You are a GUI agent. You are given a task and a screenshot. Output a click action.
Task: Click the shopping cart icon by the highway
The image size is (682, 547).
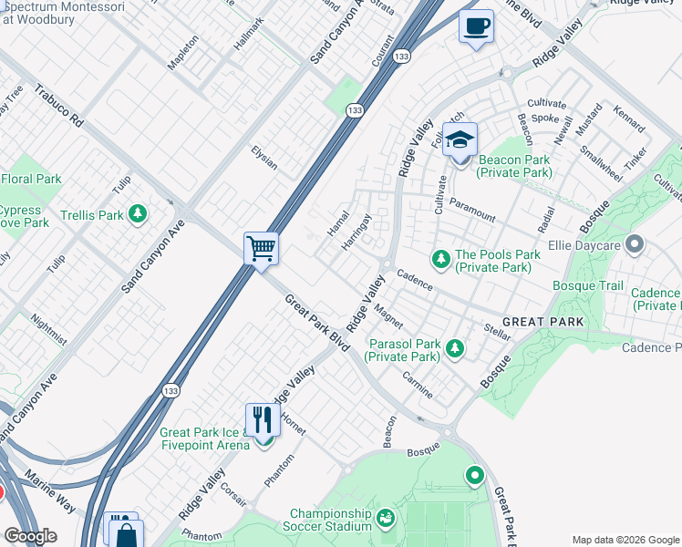261,248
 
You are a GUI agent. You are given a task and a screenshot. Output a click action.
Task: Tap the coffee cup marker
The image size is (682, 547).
475,26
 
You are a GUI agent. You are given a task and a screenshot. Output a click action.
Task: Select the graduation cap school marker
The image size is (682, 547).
460,140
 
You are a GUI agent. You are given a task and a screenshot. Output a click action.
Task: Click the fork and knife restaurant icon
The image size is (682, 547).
263,419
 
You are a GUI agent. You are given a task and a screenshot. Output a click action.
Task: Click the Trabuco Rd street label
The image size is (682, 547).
59,107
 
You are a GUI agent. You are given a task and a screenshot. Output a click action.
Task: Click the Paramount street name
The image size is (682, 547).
472,211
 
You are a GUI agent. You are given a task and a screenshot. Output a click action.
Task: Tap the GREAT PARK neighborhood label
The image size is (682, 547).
542,322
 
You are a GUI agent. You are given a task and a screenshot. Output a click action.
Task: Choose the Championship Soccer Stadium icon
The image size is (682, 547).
386,520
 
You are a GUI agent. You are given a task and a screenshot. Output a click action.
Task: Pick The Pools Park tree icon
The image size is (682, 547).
441,261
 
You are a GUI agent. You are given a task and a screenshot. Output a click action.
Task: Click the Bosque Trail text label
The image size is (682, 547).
588,286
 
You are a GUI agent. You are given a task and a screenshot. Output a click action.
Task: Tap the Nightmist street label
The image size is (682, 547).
48,329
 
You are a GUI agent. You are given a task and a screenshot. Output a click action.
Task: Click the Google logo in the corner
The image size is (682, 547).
30,536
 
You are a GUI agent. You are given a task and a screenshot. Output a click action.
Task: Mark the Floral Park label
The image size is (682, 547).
31,179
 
